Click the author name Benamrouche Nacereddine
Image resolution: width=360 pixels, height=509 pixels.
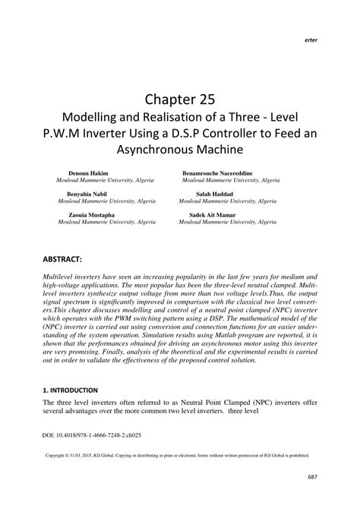pyautogui.click(x=226, y=174)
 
